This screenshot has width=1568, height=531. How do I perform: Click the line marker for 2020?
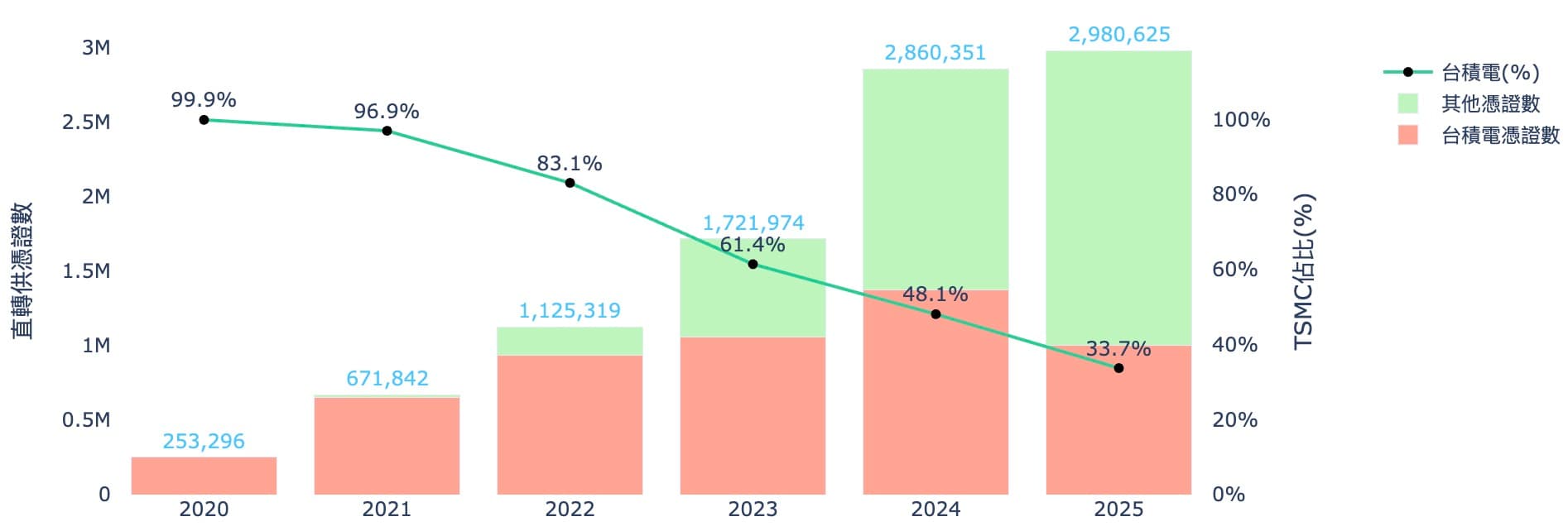coord(204,120)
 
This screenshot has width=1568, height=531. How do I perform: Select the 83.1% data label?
coord(569,164)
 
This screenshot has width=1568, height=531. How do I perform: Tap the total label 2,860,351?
coord(935,53)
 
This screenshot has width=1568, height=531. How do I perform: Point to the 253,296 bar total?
coord(204,442)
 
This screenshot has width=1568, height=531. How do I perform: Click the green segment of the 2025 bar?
coord(1118,199)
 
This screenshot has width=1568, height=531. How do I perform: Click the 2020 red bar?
coord(204,476)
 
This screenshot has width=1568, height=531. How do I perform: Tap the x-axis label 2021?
coord(387,509)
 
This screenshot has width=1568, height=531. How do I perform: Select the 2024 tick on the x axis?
coord(936,509)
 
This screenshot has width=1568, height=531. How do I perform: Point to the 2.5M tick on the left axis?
coord(86,122)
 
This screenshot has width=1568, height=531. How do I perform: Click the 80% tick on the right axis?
coord(1234,194)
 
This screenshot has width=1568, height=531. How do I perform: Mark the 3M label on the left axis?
coord(96,48)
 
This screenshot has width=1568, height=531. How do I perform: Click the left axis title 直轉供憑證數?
coord(23,270)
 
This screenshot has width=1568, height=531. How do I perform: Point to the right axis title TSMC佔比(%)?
coord(1304,271)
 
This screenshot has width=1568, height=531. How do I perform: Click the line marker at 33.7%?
coord(1118,368)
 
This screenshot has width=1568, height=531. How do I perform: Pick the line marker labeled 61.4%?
coord(753,265)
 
